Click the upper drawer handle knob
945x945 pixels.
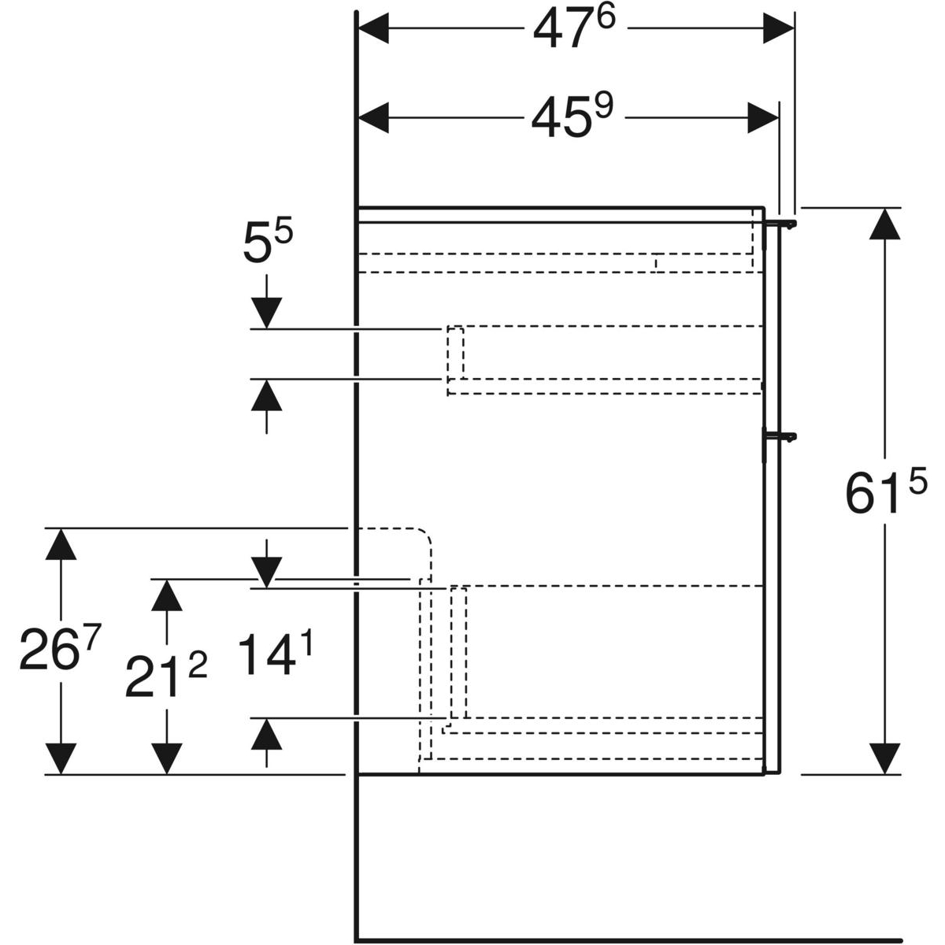pyautogui.click(x=788, y=224)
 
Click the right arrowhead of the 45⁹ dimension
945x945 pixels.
pyautogui.click(x=763, y=119)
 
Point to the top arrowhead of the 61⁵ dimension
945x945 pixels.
pyautogui.click(x=886, y=224)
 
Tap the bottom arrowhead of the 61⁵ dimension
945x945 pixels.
pyautogui.click(x=886, y=758)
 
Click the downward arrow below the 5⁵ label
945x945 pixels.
pyautogui.click(x=267, y=313)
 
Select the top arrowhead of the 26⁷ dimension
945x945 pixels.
pyautogui.click(x=61, y=544)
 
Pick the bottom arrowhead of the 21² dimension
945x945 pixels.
pyautogui.click(x=166, y=758)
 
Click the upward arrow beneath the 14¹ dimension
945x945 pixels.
pyautogui.click(x=267, y=735)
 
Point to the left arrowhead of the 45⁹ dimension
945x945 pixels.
pyautogui.click(x=374, y=119)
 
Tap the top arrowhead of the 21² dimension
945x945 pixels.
pyautogui.click(x=166, y=595)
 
